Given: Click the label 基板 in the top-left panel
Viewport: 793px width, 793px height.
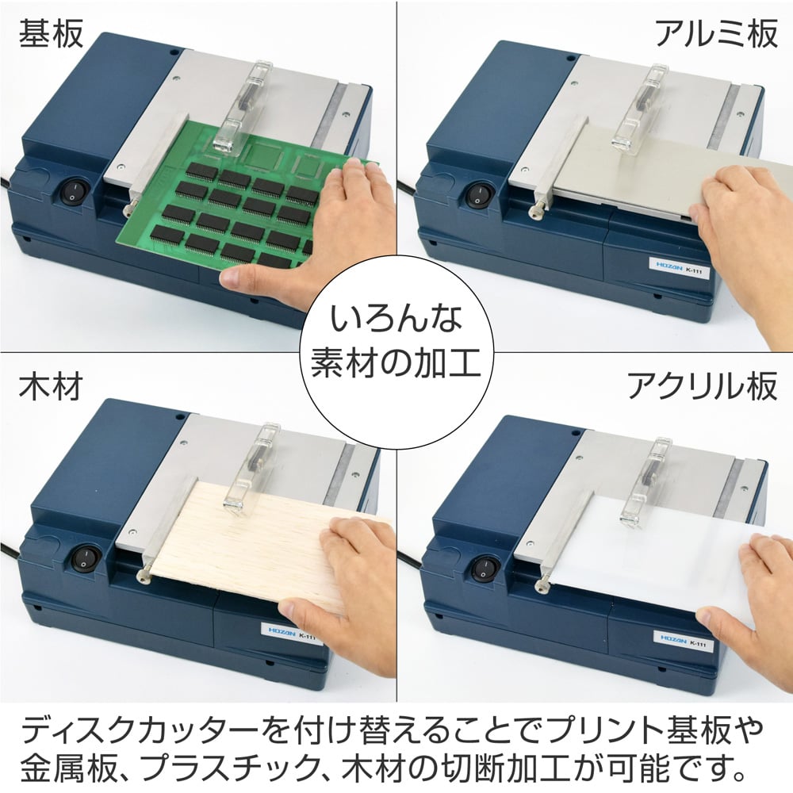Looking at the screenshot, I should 52,36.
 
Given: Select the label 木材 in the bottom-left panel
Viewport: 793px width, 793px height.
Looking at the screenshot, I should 52,387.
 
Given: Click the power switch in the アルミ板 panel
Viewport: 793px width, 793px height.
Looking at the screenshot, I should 478,195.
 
